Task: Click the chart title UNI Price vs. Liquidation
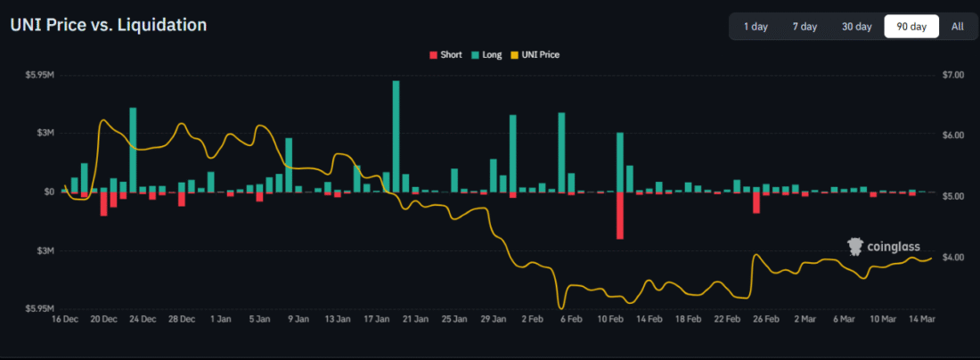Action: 108,25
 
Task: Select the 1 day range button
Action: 755,27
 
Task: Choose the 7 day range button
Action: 804,27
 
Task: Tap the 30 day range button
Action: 856,27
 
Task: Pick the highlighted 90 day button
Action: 911,27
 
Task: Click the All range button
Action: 957,27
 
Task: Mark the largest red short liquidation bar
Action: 620,215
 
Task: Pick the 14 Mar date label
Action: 921,318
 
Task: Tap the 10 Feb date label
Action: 609,318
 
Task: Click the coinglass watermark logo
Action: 883,247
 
